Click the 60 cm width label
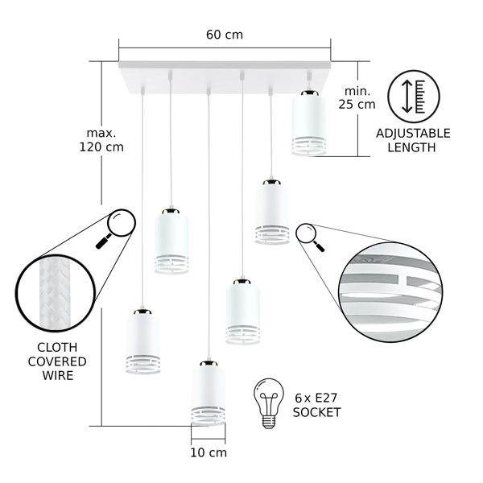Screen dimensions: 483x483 coord(225,35)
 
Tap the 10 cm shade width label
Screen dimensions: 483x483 coord(208,452)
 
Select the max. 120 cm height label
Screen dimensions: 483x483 coord(101,140)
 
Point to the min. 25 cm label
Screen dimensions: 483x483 coord(357,97)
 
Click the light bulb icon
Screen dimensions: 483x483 coord(269,403)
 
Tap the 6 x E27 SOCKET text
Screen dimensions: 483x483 coord(316,405)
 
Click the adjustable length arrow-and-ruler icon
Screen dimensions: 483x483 coord(414,97)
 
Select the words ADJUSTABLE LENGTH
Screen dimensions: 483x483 coord(413,140)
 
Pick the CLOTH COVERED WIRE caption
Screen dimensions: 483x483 coord(57,361)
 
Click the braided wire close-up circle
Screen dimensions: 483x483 coord(56,293)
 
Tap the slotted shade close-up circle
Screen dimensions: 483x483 coord(390,292)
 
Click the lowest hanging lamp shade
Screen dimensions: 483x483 coord(208,393)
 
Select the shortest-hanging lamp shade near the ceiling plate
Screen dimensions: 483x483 coord(309,123)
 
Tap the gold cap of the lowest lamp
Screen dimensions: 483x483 coord(208,364)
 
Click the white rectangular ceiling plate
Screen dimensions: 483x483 coord(225,77)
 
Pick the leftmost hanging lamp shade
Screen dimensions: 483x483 coord(143,341)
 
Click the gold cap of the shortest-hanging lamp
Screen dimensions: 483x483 coord(310,93)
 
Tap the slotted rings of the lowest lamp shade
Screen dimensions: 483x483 coord(208,416)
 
